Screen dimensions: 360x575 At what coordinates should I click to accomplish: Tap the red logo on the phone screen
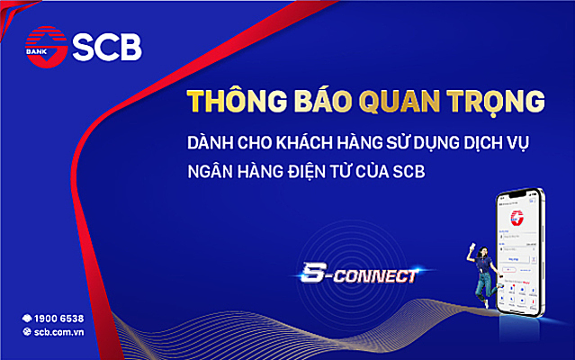[x=517, y=215]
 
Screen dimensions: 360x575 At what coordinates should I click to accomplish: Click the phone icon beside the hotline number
[x=27, y=319]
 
